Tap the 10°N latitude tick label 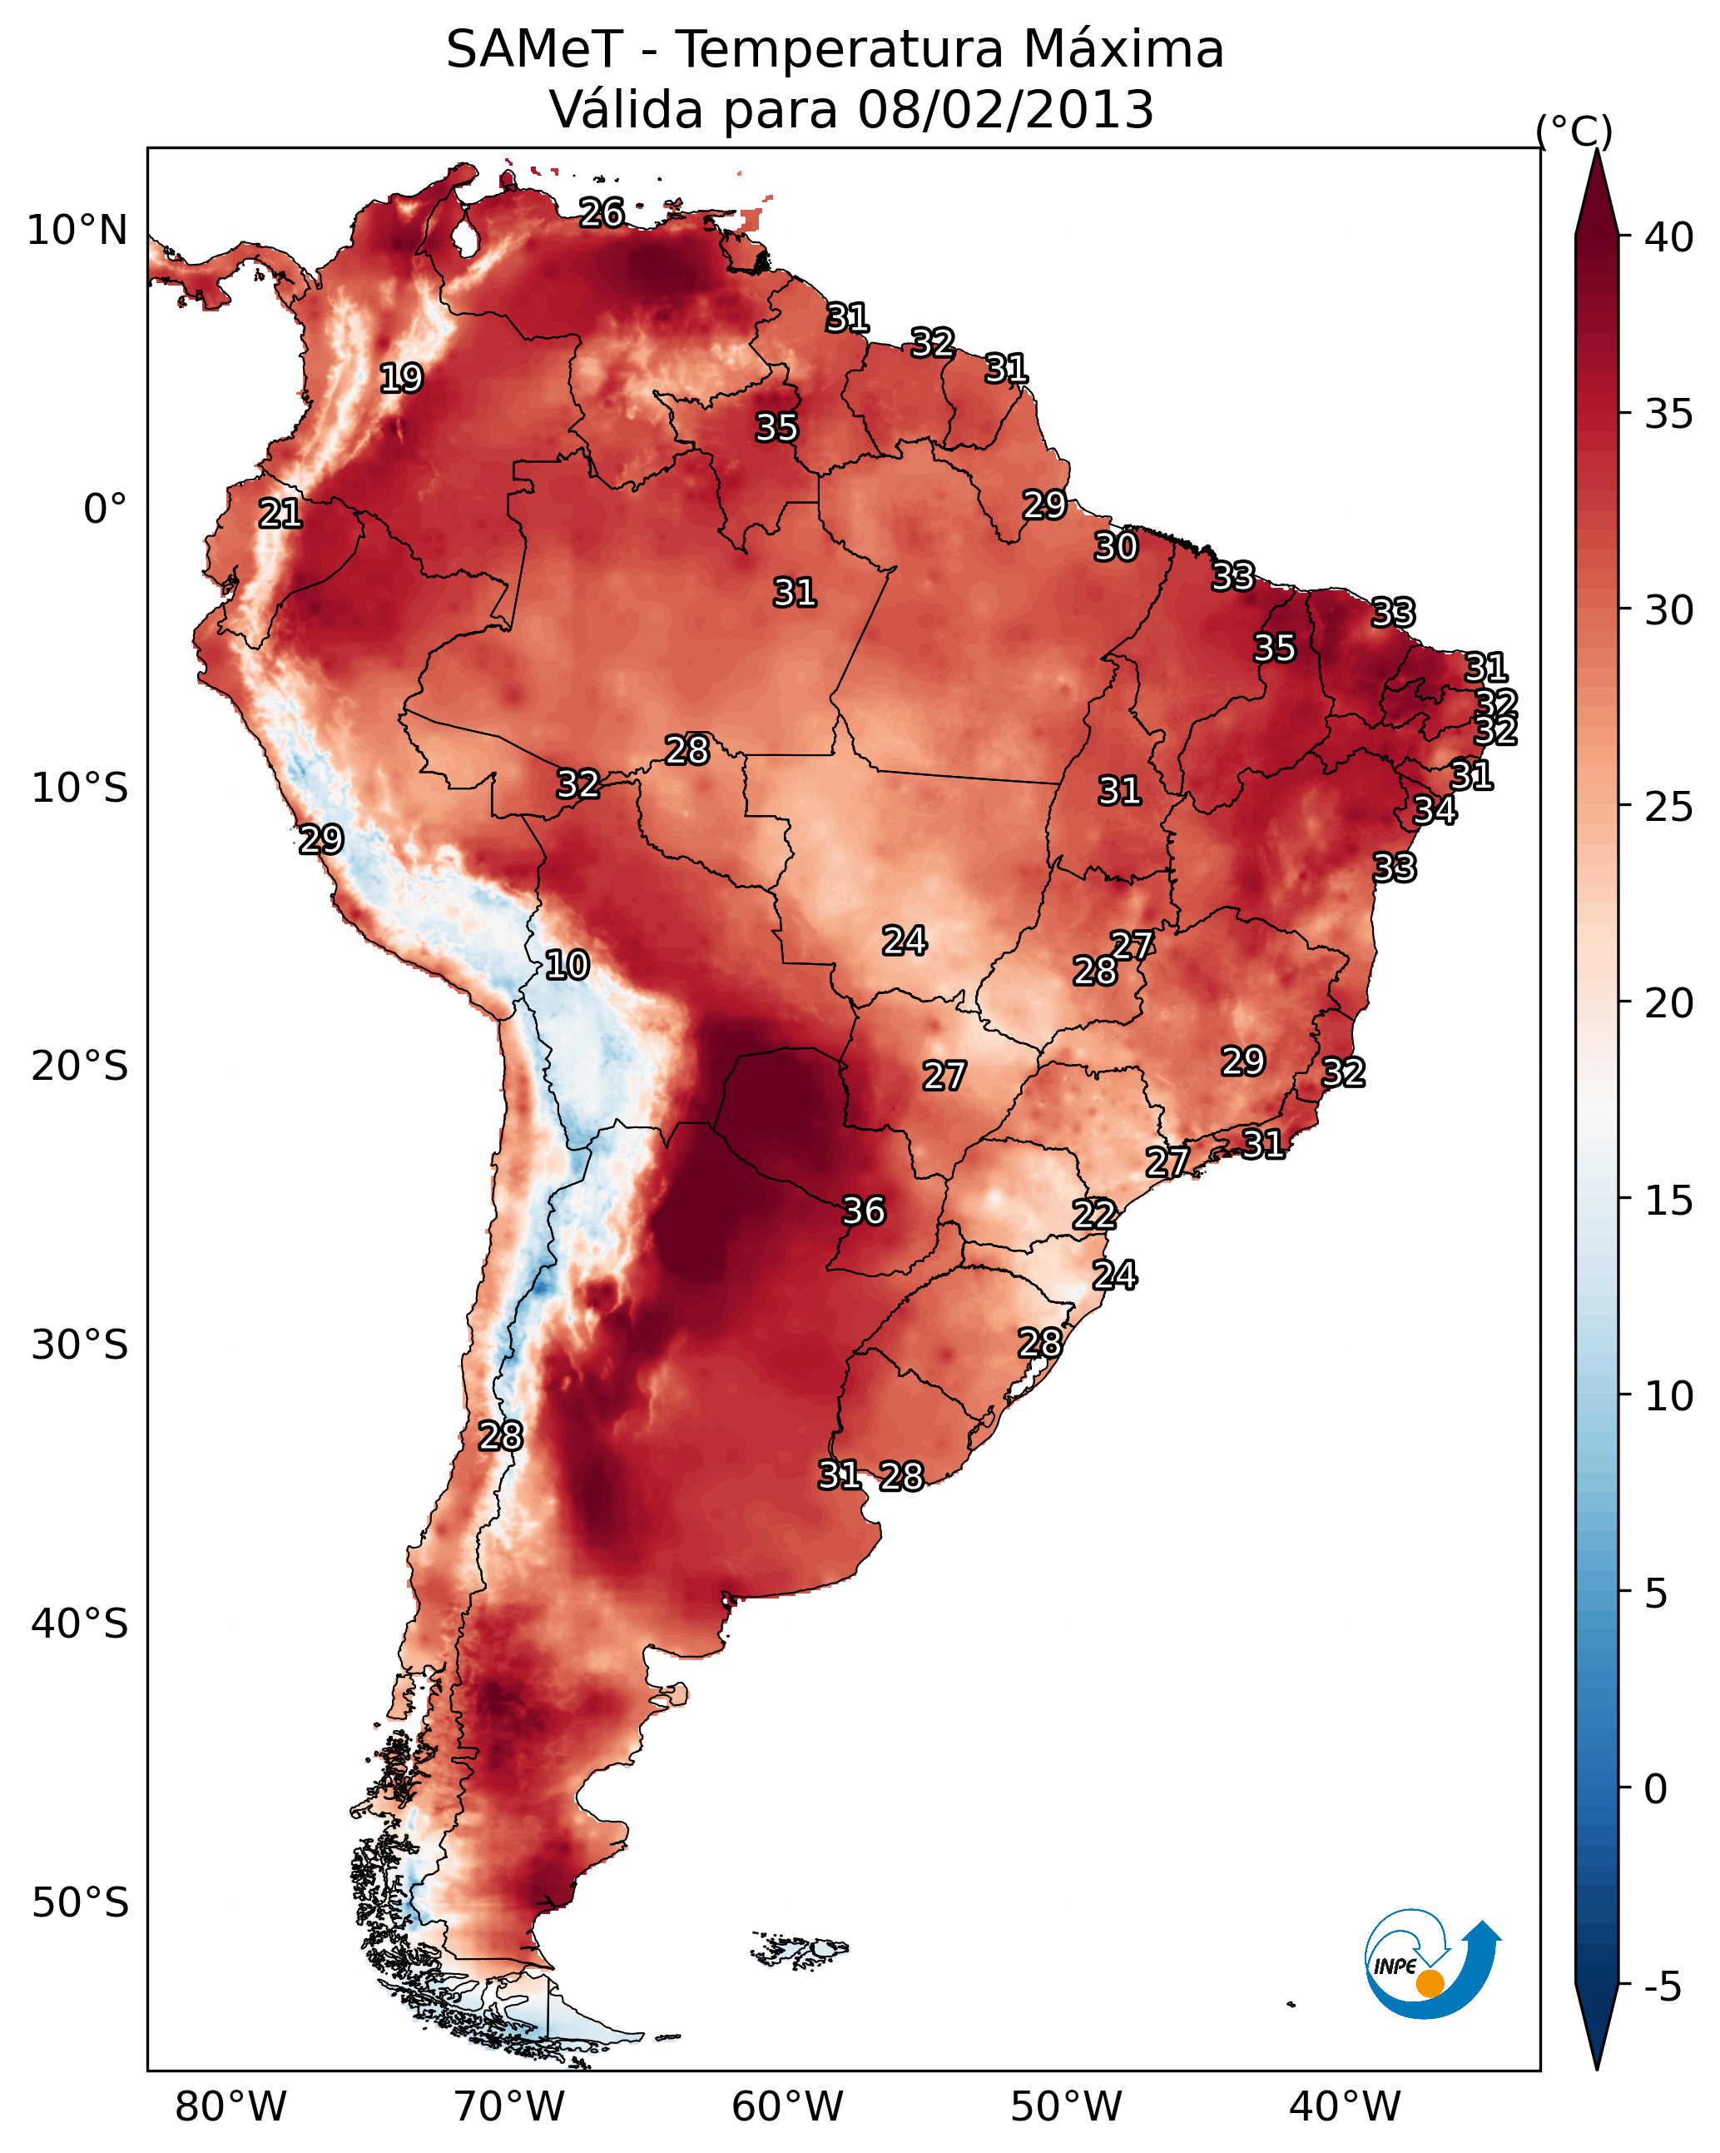pos(77,231)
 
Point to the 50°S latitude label pos(80,1903)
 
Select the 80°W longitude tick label pos(230,2107)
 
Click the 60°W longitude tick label pos(788,2107)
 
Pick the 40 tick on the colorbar pos(1669,237)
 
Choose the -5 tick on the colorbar pos(1661,1988)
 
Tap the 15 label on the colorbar pos(1669,1201)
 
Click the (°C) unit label pos(1574,131)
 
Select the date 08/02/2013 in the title pos(1005,110)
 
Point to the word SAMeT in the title pos(535,50)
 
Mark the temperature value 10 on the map pos(567,966)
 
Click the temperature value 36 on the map pos(864,1211)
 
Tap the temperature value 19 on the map pos(401,379)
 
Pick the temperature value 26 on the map pos(602,212)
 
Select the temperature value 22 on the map pos(1094,1216)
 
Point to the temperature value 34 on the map pos(1435,811)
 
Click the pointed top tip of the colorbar pos(1597,150)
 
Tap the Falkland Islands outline pos(800,1948)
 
